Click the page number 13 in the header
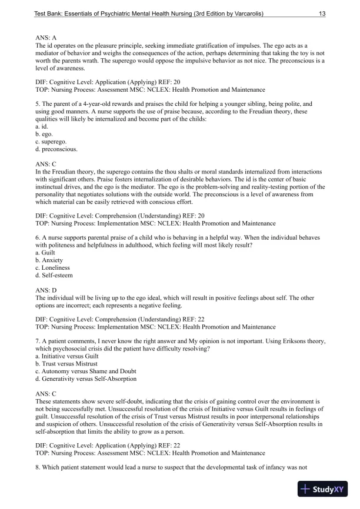pos(322,13)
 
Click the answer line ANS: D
pos(46,290)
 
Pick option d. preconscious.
pos(56,149)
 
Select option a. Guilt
pos(45,252)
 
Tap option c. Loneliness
pos(52,267)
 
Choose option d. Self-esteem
pos(54,275)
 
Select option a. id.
pos(41,126)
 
